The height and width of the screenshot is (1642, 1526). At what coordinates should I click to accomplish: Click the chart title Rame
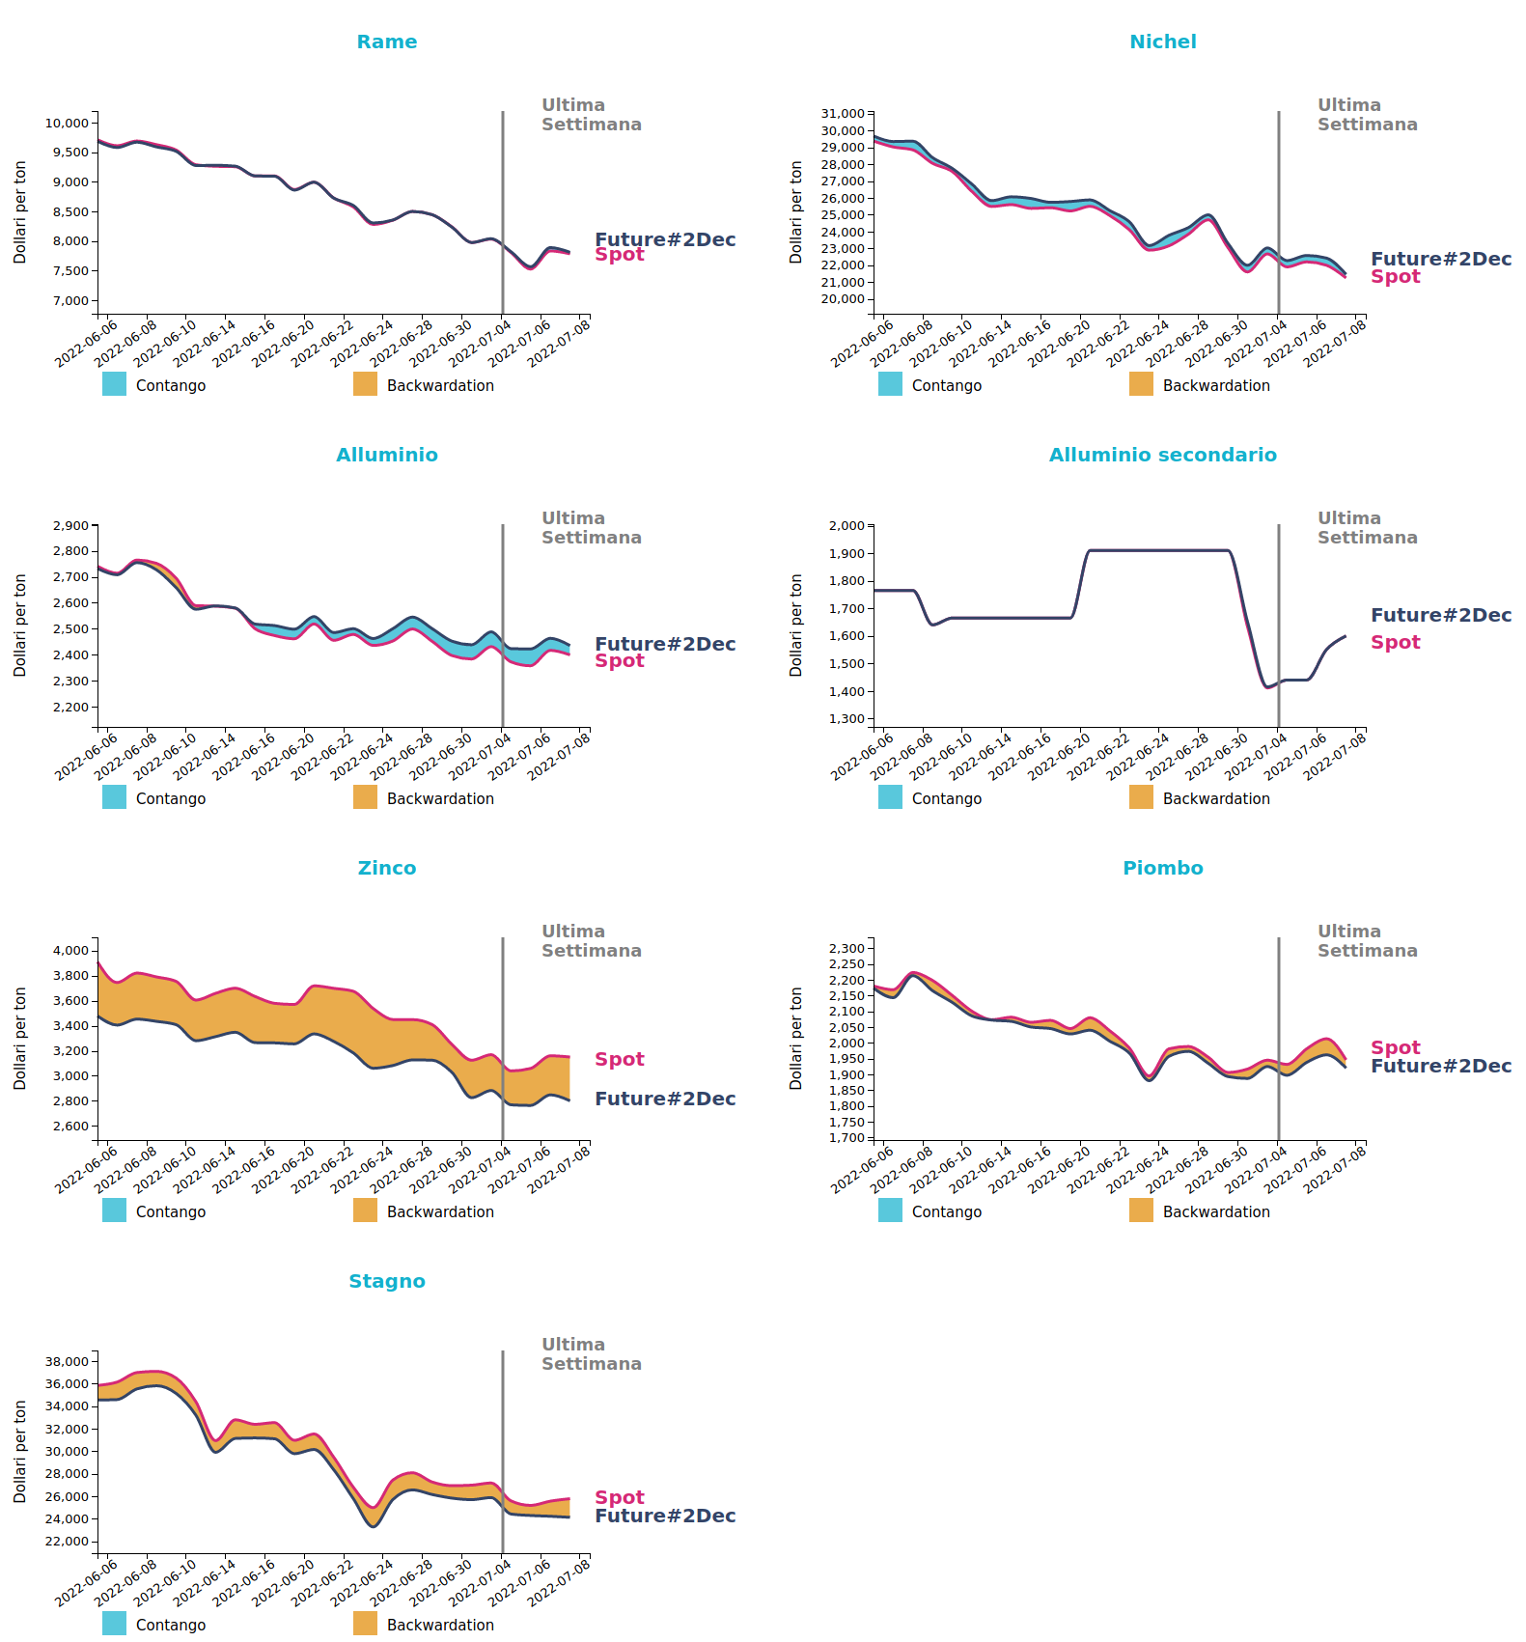click(x=387, y=42)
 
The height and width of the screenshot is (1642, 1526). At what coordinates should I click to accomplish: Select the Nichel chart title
click(x=1163, y=42)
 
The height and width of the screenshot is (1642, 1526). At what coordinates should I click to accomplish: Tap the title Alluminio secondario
click(x=1163, y=455)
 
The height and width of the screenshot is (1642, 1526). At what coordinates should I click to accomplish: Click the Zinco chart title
click(x=387, y=868)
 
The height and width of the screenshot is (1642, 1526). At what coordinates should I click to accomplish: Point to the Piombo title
click(x=1163, y=868)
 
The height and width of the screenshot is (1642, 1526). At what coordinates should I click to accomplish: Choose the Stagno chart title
click(x=387, y=1281)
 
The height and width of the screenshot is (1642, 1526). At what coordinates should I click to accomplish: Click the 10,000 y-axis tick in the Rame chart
click(x=67, y=123)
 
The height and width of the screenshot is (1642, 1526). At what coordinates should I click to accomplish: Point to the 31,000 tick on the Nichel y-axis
click(x=843, y=114)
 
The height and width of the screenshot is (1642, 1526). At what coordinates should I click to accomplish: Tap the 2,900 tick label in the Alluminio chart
click(x=70, y=526)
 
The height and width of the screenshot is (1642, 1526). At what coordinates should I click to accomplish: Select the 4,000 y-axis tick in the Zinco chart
click(x=70, y=951)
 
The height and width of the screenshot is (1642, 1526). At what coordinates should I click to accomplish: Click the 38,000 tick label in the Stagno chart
click(x=67, y=1362)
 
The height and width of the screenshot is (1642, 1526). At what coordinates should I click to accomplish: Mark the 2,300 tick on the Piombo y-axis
click(x=846, y=949)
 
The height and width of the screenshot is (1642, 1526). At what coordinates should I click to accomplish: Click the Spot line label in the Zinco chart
click(x=620, y=1059)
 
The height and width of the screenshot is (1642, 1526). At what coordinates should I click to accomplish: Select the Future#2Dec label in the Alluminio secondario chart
click(x=1441, y=615)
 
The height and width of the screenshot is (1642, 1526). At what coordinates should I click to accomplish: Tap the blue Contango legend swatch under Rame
click(x=114, y=384)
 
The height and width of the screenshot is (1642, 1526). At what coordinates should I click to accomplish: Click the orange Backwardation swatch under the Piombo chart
click(x=1141, y=1211)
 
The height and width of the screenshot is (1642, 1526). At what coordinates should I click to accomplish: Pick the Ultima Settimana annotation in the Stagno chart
click(x=592, y=1354)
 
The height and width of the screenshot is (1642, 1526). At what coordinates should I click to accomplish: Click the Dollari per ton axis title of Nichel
click(x=796, y=212)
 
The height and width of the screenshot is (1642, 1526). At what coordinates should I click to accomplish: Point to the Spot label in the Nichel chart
click(x=1396, y=276)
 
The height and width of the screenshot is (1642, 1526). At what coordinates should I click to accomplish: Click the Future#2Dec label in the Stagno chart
click(x=665, y=1516)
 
